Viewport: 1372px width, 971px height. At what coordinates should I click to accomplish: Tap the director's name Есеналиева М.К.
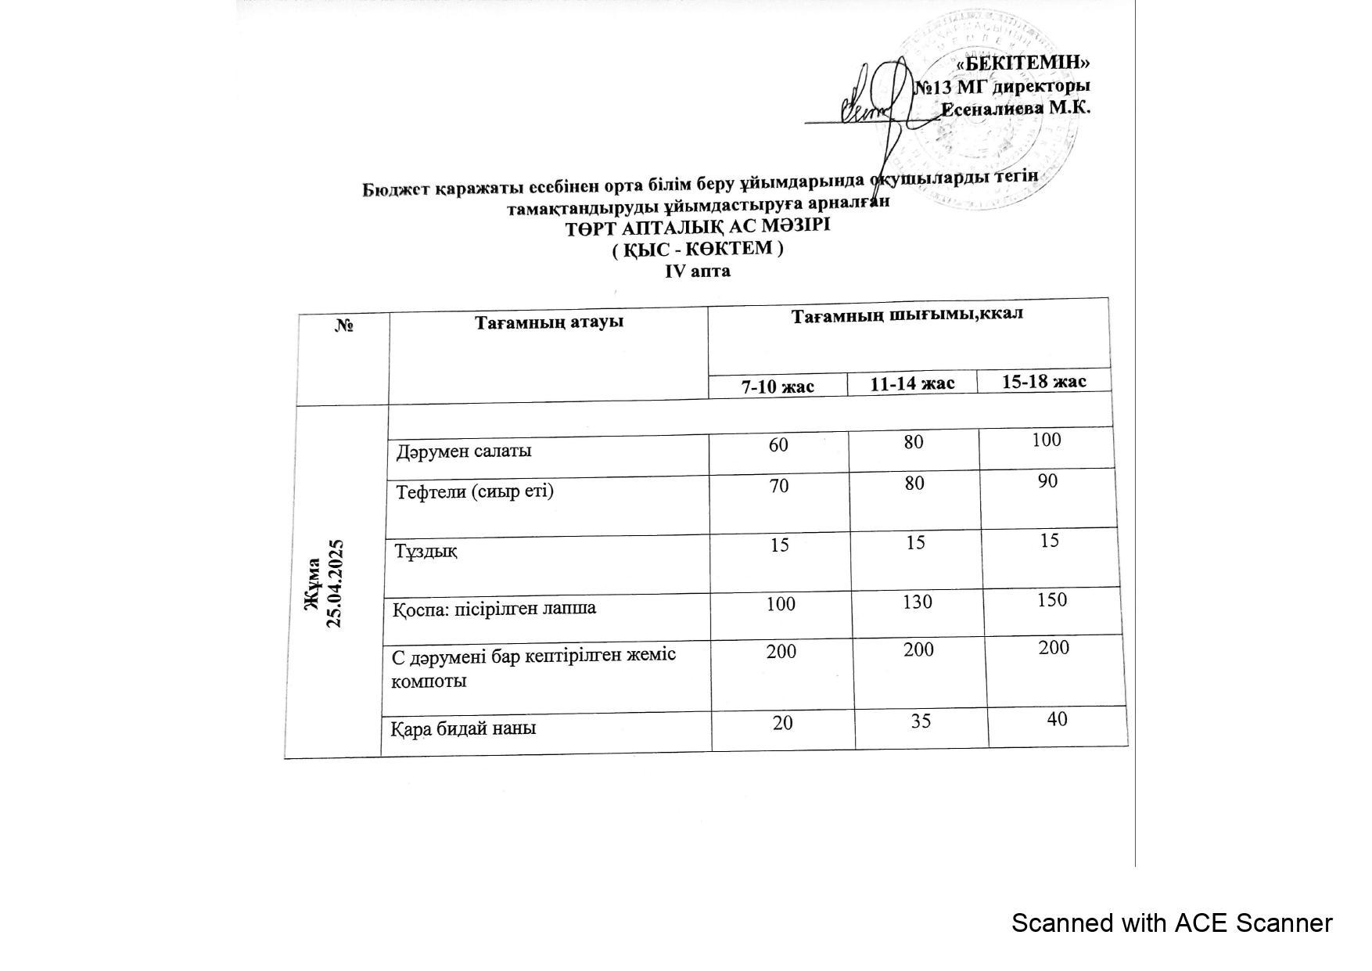click(1015, 108)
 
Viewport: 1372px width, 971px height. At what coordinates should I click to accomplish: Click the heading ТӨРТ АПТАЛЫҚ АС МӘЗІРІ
click(698, 227)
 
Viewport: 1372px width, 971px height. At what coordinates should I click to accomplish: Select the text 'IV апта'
click(698, 271)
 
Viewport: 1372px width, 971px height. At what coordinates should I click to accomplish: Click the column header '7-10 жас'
click(778, 386)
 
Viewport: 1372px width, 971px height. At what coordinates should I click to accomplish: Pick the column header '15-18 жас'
click(1044, 381)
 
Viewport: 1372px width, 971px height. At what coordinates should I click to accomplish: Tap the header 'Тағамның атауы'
click(549, 322)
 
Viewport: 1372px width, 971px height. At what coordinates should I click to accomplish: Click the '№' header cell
click(344, 325)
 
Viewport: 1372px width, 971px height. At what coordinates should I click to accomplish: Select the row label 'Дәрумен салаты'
click(464, 451)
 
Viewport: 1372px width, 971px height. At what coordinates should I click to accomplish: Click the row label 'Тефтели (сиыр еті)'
click(475, 491)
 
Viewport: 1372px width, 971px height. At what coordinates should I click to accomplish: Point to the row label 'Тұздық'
click(426, 551)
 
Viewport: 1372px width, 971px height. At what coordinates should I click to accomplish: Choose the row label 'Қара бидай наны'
click(464, 728)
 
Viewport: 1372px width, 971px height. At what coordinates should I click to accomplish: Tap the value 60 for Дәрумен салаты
click(778, 444)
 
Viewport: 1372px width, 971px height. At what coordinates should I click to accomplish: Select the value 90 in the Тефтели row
click(1047, 480)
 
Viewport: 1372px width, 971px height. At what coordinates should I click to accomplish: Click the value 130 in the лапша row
click(917, 602)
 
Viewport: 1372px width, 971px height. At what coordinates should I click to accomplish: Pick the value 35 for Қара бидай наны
click(921, 720)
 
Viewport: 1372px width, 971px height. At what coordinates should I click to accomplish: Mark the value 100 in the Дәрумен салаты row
click(1046, 440)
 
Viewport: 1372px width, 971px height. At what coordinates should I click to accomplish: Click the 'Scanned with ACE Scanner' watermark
click(1171, 923)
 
